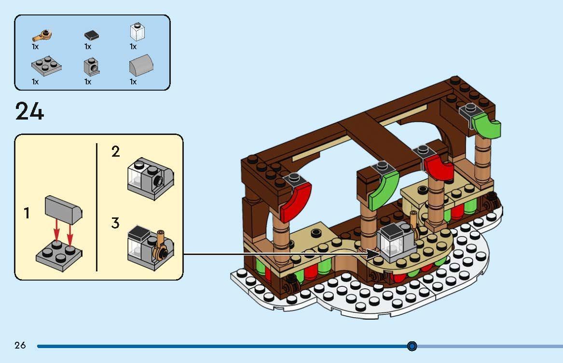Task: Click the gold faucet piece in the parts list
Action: pos(42,35)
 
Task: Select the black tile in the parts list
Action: pos(92,35)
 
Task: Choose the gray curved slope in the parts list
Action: pos(139,67)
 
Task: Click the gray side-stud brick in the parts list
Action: pos(91,67)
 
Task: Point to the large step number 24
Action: pos(30,112)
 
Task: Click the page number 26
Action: pos(20,345)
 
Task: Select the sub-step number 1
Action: pos(27,213)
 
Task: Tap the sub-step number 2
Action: pos(115,152)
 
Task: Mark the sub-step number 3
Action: pos(115,223)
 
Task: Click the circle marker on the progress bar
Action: pos(412,346)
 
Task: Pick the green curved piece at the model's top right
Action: pos(487,124)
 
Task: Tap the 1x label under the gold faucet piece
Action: pos(35,47)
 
